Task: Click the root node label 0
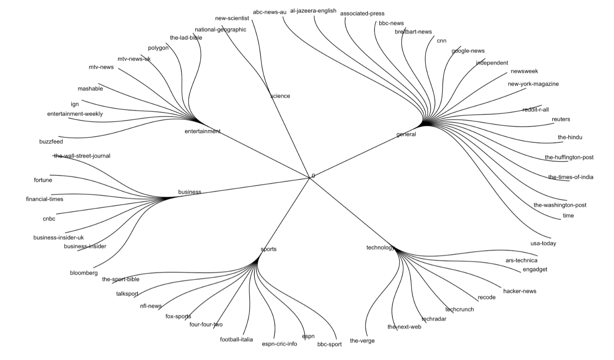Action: tap(313, 176)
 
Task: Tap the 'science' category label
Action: tap(280, 96)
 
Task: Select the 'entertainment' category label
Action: tap(202, 131)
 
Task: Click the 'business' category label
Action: tap(190, 192)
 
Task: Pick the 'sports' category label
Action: tap(268, 249)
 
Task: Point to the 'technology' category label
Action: tap(380, 248)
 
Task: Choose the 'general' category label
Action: tap(406, 134)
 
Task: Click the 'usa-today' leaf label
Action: tap(543, 243)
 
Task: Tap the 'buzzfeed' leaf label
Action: tap(51, 142)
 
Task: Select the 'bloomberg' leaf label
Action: tap(84, 273)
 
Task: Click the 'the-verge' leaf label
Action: tap(362, 341)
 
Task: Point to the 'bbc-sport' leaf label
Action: tap(330, 344)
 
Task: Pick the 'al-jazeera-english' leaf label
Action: tap(313, 11)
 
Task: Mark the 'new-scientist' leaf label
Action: tap(232, 18)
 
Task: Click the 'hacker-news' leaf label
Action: tap(520, 291)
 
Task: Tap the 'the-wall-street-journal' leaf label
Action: tap(82, 156)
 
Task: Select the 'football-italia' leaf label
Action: tap(236, 339)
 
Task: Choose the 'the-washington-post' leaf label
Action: tap(560, 205)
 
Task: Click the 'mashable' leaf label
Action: tap(90, 89)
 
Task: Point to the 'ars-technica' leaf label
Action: tap(521, 260)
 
